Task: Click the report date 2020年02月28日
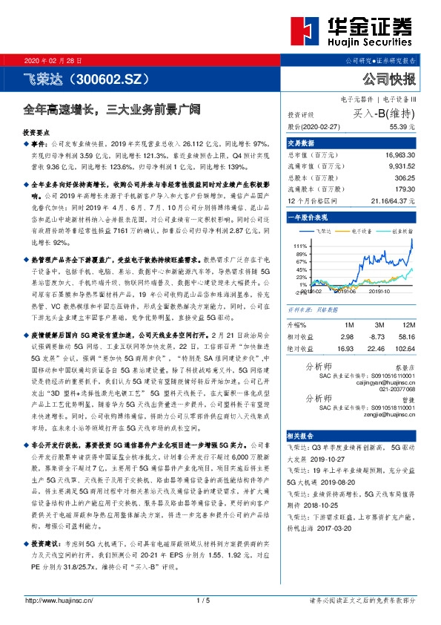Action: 54,59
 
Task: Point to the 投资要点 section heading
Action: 39,130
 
